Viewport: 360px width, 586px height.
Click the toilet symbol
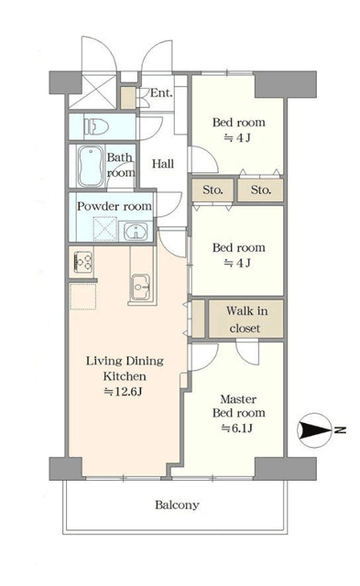point(96,127)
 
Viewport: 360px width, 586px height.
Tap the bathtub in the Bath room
point(91,166)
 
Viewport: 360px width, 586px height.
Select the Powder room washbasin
point(136,232)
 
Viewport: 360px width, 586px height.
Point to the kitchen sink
point(141,287)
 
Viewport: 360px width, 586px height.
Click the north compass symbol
point(314,430)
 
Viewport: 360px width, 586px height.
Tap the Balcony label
point(177,505)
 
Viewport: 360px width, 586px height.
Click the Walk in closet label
point(246,320)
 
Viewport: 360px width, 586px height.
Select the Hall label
point(163,164)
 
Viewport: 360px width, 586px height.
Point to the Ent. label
point(161,93)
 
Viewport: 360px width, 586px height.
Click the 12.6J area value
point(123,392)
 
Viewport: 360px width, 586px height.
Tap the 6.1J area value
point(237,428)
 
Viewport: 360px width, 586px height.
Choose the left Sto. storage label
point(213,190)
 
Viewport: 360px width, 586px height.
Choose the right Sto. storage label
point(260,190)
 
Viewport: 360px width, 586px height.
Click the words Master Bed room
point(239,406)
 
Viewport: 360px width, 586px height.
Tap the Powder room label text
point(115,206)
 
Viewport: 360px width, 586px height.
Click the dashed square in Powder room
point(104,229)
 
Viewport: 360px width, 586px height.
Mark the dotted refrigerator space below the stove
point(83,297)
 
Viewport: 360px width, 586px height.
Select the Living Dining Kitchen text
point(125,368)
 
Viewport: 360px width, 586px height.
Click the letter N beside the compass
point(340,429)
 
